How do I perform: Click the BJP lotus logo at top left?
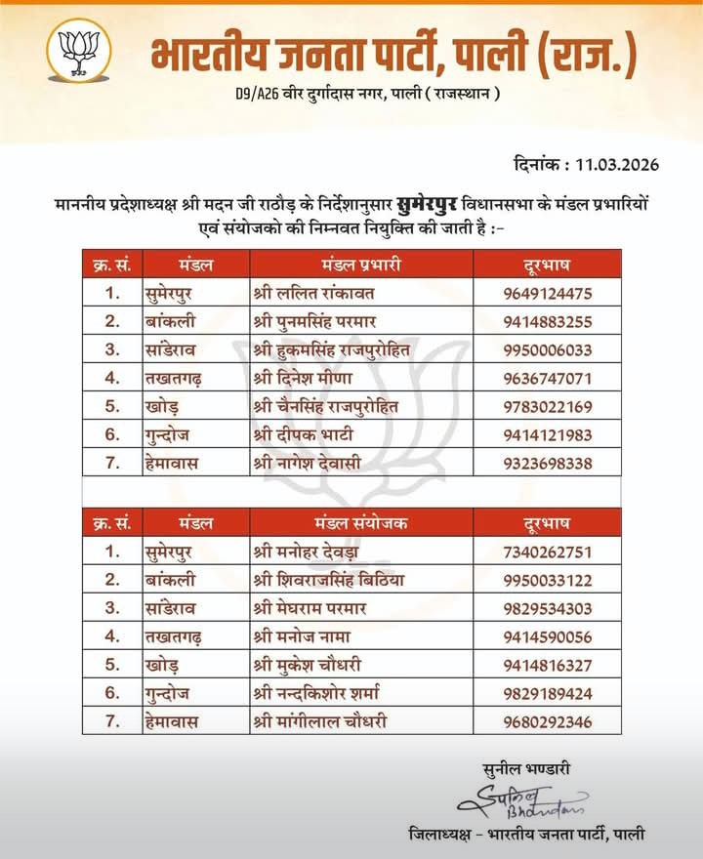pyautogui.click(x=79, y=50)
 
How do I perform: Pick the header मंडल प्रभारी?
pyautogui.click(x=361, y=265)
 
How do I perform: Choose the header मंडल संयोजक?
pyautogui.click(x=361, y=522)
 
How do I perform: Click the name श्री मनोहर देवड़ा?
pyautogui.click(x=312, y=552)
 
